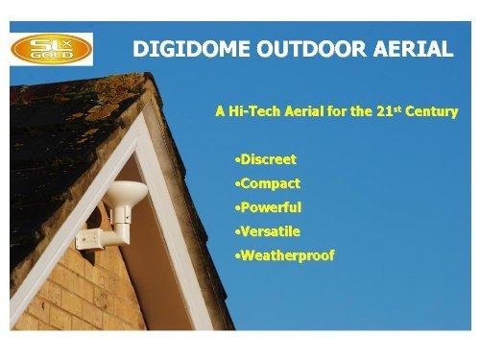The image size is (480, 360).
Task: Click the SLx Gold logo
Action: coord(51,46)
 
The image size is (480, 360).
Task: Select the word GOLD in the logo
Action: coord(49,57)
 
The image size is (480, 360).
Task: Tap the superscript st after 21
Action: coord(396,108)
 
